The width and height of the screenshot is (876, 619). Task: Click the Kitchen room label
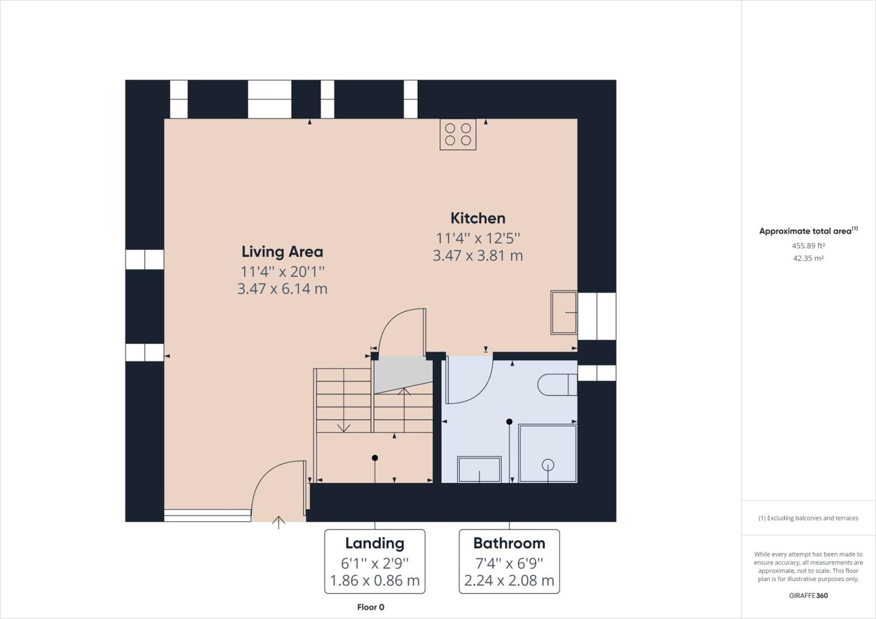pyautogui.click(x=478, y=218)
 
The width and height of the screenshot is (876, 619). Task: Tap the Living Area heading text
pyautogui.click(x=282, y=252)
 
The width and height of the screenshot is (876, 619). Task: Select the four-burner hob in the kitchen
pyautogui.click(x=458, y=134)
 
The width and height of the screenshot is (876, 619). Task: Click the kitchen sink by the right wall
pyautogui.click(x=564, y=313)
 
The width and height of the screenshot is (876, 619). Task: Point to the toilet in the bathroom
pyautogui.click(x=557, y=385)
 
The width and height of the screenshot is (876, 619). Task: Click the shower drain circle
pyautogui.click(x=548, y=465)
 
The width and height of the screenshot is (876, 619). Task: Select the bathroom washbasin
pyautogui.click(x=479, y=470)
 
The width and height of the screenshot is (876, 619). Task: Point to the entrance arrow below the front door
pyautogui.click(x=279, y=523)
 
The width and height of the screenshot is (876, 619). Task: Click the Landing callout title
pyautogui.click(x=375, y=543)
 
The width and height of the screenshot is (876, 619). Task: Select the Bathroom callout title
pyautogui.click(x=509, y=543)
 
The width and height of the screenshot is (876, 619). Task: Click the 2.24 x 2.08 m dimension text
pyautogui.click(x=509, y=580)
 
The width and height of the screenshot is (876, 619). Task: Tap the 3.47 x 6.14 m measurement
pyautogui.click(x=282, y=289)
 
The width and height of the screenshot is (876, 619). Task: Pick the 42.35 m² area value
pyautogui.click(x=809, y=258)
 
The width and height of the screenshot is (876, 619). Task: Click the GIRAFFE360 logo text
pyautogui.click(x=809, y=595)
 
